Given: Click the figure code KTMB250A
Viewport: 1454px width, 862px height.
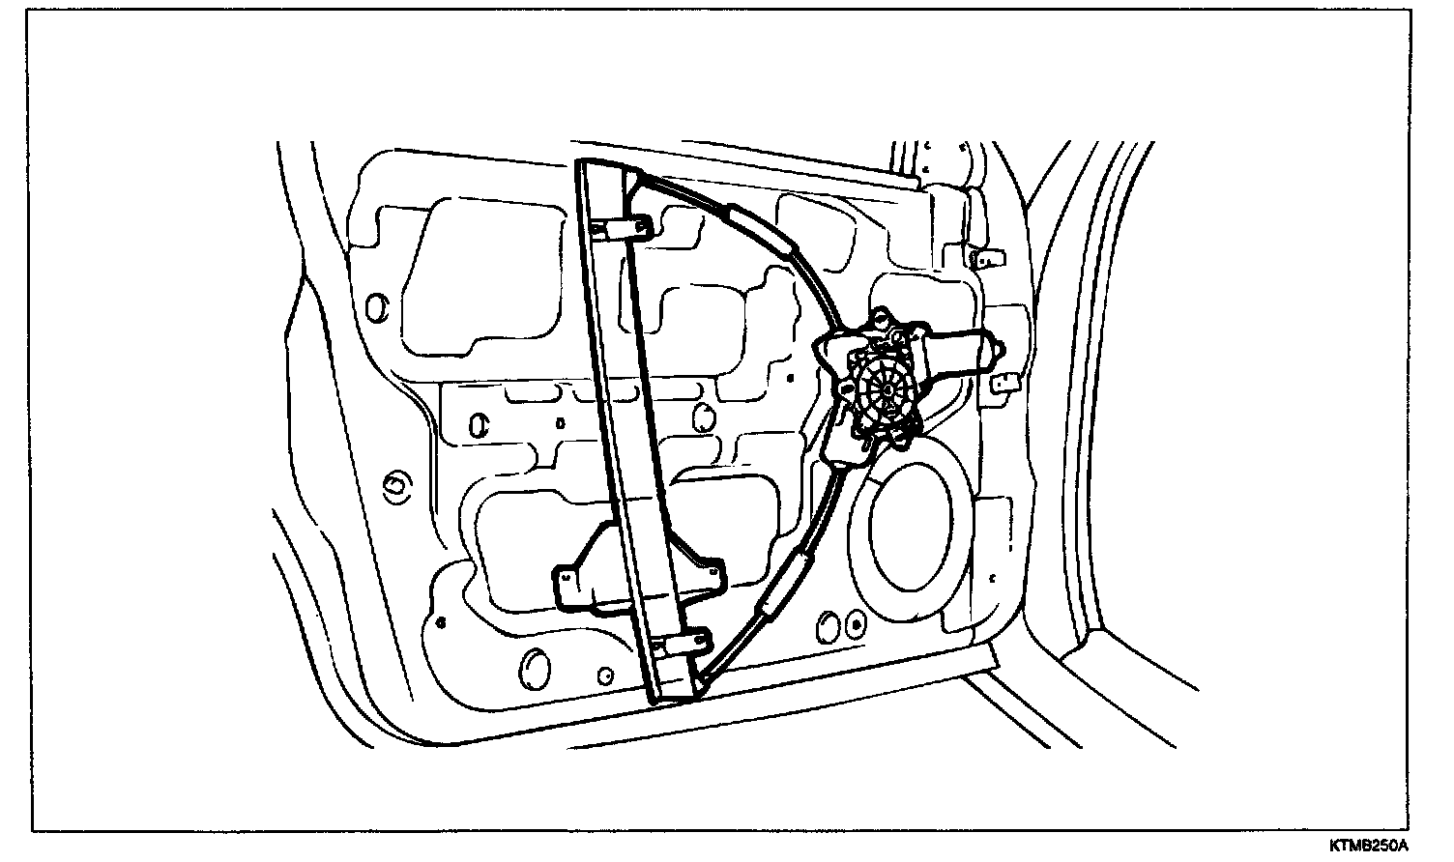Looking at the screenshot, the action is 1367,847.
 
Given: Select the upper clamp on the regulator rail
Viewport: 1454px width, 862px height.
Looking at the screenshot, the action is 623,228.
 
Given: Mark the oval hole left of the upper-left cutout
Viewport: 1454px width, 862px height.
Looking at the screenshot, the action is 377,306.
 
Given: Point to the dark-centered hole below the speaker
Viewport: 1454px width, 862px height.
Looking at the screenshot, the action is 854,623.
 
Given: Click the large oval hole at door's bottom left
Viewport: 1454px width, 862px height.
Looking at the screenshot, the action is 534,666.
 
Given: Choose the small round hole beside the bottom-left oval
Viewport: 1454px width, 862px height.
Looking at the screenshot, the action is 605,674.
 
